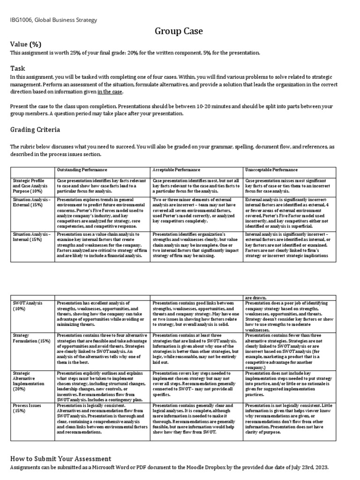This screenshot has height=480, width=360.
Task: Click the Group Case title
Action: [180, 31]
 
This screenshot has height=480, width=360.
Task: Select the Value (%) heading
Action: [26, 45]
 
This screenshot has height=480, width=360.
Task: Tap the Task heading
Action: [17, 68]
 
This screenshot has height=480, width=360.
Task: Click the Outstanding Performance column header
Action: [82, 169]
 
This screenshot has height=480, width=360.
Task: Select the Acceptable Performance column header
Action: [176, 169]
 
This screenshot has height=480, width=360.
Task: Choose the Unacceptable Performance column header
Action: [271, 169]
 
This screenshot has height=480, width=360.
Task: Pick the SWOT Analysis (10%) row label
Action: [27, 306]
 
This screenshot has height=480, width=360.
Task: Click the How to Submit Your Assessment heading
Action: [61, 458]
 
